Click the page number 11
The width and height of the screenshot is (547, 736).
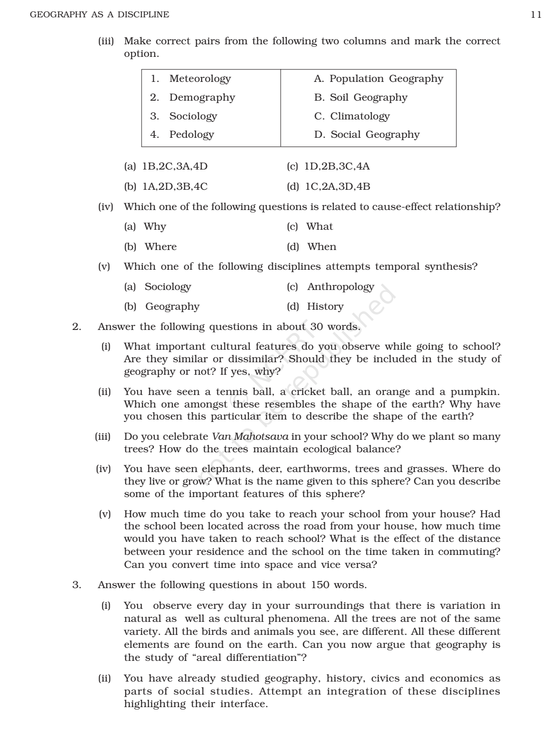pos(536,14)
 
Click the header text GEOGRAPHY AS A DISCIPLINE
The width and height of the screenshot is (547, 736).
pos(100,14)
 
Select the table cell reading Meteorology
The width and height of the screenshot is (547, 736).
pos(200,79)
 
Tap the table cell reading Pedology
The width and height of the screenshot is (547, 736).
pos(191,134)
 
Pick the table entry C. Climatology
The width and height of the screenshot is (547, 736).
pos(352,116)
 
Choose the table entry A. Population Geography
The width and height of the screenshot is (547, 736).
pos(378,79)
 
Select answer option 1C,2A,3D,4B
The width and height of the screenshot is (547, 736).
pos(337,186)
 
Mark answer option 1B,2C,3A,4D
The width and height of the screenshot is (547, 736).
pos(175,167)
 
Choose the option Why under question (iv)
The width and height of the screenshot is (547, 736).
pos(155,226)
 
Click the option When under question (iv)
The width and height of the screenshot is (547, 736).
pos(322,247)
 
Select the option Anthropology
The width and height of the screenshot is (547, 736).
pos(340,287)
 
